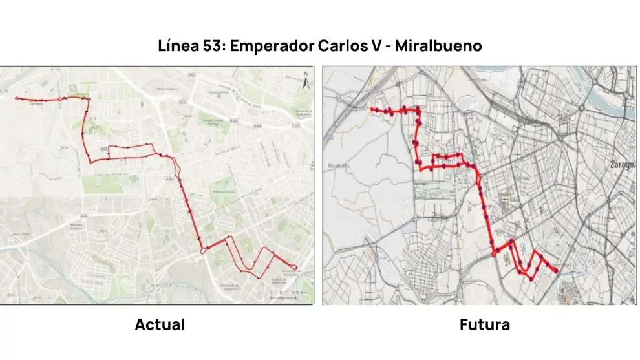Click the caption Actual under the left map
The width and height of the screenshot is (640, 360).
click(160, 324)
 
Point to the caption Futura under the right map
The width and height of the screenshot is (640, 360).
click(484, 324)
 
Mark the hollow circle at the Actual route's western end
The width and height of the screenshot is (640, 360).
click(17, 98)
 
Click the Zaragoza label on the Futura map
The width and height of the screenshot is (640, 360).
click(621, 165)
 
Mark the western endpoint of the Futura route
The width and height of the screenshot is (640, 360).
click(372, 110)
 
